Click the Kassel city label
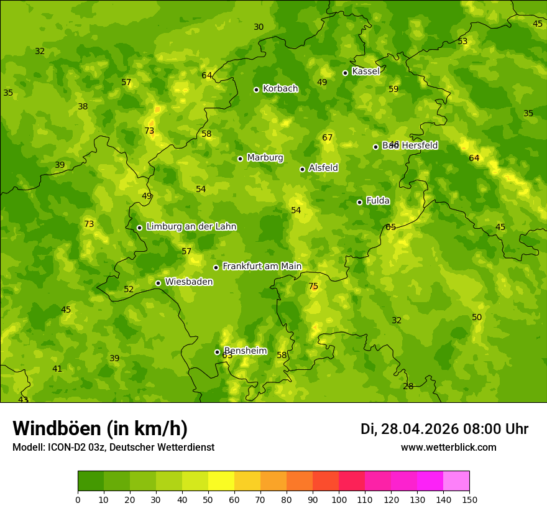click(365, 71)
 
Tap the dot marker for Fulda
click(359, 202)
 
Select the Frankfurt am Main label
click(262, 266)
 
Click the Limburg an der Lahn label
click(191, 226)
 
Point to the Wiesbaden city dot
click(158, 283)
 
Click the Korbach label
click(280, 88)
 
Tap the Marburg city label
click(265, 157)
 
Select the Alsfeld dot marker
click(302, 169)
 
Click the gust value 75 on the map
click(313, 287)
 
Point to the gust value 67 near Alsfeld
click(328, 137)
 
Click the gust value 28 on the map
click(408, 386)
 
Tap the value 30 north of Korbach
click(259, 27)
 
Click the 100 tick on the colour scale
click(339, 499)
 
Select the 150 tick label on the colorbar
click(469, 499)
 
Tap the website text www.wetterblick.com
click(448, 447)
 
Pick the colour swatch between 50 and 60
click(221, 481)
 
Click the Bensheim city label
click(245, 351)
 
